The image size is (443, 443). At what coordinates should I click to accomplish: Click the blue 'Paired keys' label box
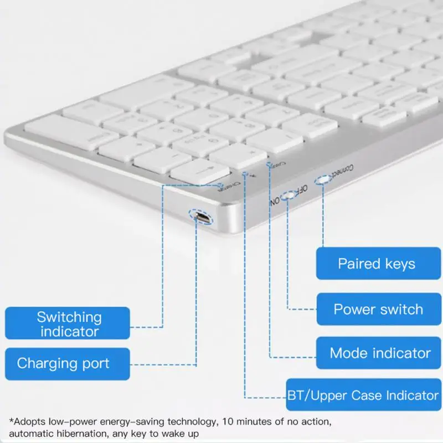(378, 264)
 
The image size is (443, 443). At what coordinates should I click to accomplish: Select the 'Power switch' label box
(378, 309)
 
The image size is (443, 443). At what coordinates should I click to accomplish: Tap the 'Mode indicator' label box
(378, 353)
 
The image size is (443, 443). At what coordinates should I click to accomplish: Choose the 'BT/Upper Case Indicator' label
(363, 395)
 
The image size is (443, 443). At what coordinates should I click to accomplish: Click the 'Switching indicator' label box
(68, 324)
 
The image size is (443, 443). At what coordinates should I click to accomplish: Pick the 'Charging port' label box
(68, 364)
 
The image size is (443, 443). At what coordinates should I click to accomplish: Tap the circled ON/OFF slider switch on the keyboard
(287, 197)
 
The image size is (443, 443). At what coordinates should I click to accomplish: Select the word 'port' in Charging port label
(97, 364)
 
